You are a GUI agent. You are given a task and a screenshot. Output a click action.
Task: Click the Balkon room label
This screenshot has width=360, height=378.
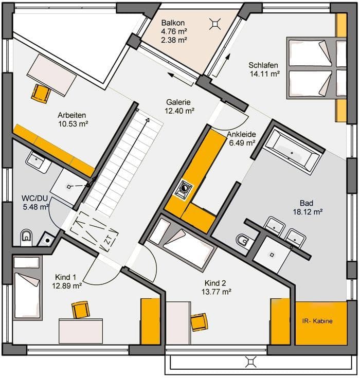tap(173, 23)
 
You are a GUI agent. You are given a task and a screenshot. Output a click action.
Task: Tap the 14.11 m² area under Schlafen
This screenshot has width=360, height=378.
tap(264, 74)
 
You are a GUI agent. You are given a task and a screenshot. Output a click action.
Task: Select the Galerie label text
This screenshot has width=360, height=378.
tap(178, 102)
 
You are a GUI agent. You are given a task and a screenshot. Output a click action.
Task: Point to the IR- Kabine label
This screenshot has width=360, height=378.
tap(317, 321)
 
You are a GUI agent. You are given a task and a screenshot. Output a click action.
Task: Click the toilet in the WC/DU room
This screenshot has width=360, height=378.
tap(26, 238)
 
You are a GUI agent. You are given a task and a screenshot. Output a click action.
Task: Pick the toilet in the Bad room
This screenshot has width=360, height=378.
tap(243, 240)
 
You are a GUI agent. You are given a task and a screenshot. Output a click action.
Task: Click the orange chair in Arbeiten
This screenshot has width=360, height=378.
tap(41, 94)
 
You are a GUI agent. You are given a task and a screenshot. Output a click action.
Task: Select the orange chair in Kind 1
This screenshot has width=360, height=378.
tap(81, 310)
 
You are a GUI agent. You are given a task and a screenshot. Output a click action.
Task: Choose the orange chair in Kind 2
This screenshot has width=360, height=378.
tap(199, 322)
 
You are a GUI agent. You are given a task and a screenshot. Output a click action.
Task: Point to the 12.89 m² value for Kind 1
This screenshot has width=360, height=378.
tap(67, 286)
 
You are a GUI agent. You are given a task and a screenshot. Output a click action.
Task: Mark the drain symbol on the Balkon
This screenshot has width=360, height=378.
tap(215, 24)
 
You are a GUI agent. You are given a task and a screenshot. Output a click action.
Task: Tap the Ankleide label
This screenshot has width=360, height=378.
tap(241, 134)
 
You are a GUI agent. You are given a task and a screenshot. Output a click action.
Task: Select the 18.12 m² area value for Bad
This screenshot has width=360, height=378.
tap(308, 212)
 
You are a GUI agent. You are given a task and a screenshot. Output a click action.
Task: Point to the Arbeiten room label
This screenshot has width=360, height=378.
tap(72, 115)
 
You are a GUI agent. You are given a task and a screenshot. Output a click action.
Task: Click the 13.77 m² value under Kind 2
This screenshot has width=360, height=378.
tap(217, 292)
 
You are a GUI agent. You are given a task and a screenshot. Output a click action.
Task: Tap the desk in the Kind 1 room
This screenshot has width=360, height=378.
tap(81, 331)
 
